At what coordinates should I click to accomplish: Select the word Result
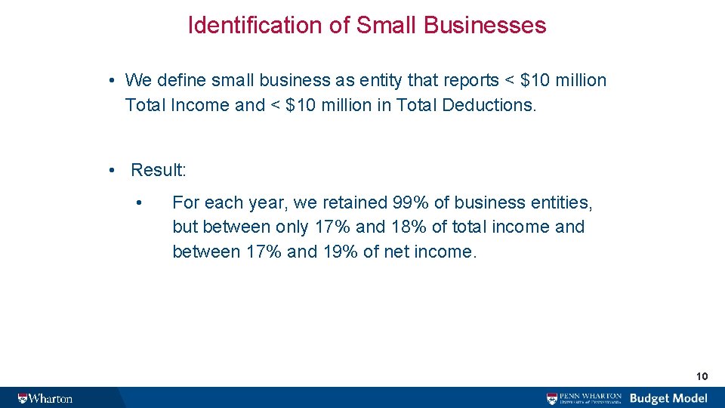(158, 170)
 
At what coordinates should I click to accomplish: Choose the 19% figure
(341, 252)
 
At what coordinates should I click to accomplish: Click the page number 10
(702, 376)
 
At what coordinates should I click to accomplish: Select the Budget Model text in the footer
(668, 398)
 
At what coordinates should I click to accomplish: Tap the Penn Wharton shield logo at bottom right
(554, 398)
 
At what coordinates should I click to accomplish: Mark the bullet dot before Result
(111, 170)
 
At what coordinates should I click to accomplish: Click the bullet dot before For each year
(138, 202)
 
